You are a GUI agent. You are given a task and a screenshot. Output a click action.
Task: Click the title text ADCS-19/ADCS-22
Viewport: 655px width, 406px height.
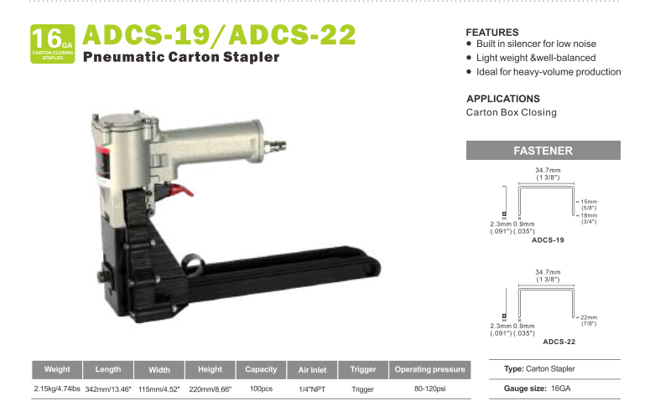click(220, 35)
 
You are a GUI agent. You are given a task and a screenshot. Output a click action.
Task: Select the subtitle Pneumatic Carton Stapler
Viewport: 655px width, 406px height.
click(181, 58)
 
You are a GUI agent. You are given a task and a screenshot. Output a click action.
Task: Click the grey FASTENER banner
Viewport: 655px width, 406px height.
click(543, 151)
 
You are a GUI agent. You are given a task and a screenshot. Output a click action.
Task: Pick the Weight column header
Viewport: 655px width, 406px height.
click(57, 369)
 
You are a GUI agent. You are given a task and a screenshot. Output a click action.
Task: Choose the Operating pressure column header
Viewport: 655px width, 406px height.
click(429, 369)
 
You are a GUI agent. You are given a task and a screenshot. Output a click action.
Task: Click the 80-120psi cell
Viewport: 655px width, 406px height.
click(429, 389)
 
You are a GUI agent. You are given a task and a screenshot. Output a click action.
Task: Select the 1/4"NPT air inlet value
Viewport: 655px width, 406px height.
click(312, 389)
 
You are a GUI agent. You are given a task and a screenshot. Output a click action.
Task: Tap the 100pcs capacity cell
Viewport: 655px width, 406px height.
click(261, 389)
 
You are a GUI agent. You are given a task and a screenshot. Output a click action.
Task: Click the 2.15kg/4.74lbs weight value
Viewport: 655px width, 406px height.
click(57, 389)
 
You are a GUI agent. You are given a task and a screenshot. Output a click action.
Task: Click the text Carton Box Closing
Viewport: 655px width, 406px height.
click(511, 112)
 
